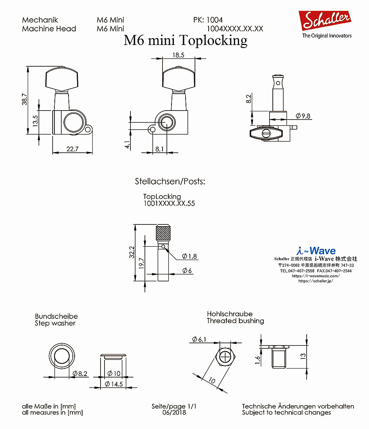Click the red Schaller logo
325,20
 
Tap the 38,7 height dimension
25,99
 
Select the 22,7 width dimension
72,149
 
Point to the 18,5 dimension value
178,55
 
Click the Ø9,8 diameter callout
303,116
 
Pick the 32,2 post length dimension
132,252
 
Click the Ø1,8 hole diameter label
190,256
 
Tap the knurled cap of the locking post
163,233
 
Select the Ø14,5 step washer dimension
114,384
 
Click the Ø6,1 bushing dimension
199,339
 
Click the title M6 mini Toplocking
186,40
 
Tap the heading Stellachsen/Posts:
170,181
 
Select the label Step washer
55,323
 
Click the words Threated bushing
235,321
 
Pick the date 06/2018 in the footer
174,412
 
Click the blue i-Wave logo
316,250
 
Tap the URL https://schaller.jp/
316,281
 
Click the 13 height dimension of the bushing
303,356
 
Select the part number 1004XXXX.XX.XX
235,29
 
